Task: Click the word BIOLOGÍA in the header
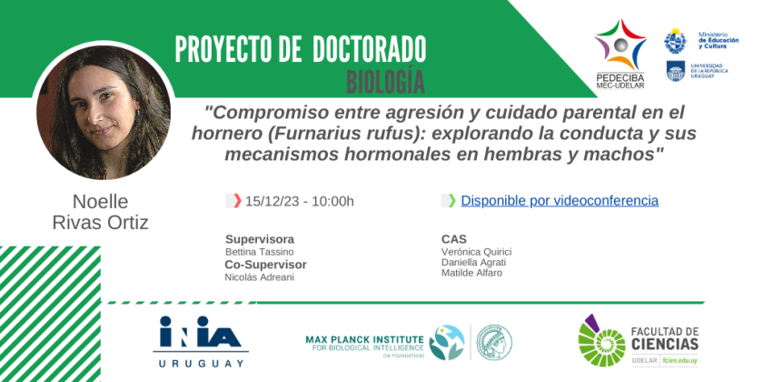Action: point(385,80)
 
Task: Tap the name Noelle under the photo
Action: point(100,202)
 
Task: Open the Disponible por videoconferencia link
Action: point(560,201)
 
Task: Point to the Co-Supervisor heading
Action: point(265,265)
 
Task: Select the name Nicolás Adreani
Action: point(260,277)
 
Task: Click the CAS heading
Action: point(453,239)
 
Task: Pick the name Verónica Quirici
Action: point(476,251)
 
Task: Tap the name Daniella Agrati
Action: point(472,262)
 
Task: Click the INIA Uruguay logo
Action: point(200,342)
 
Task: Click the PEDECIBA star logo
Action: point(620,45)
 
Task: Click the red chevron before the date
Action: point(237,201)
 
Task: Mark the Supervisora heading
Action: point(260,239)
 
